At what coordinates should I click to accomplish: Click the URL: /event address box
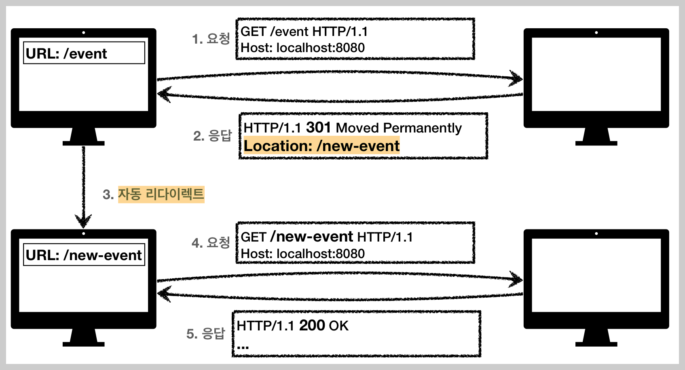coord(84,53)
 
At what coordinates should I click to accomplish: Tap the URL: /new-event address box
coord(84,255)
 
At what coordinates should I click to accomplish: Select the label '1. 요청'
coord(211,39)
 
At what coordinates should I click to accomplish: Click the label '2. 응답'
coord(212,136)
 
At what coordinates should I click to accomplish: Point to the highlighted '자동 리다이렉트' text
coord(161,194)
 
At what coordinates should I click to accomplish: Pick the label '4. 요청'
coord(211,243)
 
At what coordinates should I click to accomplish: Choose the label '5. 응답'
coord(205,334)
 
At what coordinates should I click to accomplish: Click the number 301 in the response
coord(319,128)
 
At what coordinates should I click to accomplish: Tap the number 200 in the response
coord(312,326)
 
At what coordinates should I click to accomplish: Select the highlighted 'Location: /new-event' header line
coord(321,146)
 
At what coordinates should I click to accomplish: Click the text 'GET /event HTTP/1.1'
coord(304,32)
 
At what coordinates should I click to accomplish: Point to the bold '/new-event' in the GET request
coord(312,237)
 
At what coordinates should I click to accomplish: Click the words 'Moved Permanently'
coord(399,128)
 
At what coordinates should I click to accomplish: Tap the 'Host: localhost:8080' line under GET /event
coord(302,48)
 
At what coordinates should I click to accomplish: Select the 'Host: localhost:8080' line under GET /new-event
coord(302,254)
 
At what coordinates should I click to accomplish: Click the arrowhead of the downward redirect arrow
coord(83,222)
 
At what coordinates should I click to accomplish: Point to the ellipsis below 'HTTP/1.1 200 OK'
coord(243,347)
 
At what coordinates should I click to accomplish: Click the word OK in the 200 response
coord(339,326)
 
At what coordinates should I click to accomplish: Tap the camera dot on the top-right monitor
coord(596,32)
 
